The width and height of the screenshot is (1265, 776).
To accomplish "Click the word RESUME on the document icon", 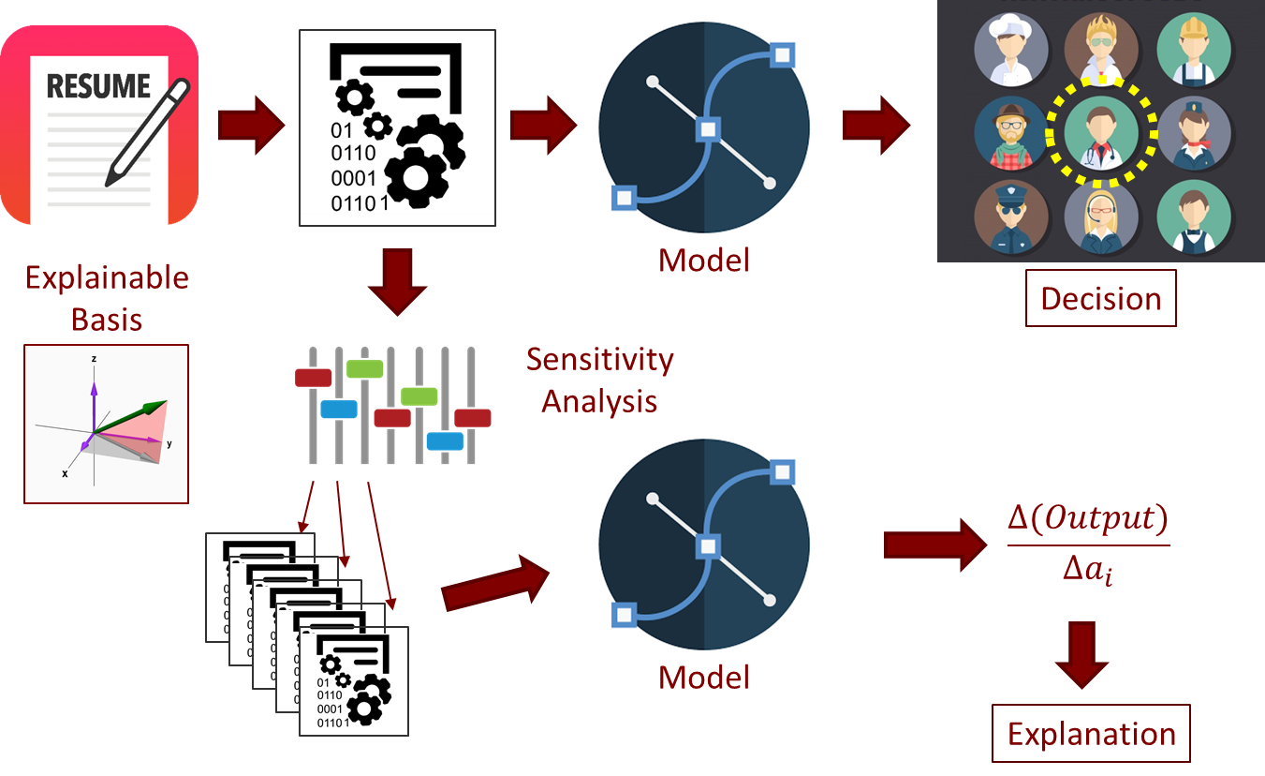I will point(98,86).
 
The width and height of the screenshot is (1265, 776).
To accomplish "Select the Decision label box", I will point(1100,299).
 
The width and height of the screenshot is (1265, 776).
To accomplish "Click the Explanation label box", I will point(1091,733).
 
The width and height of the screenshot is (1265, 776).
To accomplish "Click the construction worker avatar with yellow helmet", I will point(1192,49).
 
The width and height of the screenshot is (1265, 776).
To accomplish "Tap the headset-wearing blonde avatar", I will point(1101,217).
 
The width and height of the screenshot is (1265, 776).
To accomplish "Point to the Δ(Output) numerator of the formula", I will point(1088,518).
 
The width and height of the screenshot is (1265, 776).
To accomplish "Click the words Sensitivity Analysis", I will point(599,380).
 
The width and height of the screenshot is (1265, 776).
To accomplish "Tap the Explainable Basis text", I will point(107,298).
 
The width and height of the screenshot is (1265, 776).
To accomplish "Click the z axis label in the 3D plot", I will point(95,359).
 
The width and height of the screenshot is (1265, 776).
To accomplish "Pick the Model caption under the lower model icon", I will point(704,677).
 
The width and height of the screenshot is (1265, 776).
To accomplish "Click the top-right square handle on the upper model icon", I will point(782,55).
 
